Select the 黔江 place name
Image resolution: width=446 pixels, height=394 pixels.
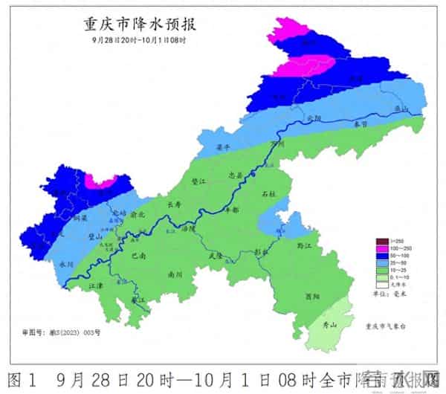[303, 244]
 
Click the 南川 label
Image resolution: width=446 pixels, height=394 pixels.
[175, 274]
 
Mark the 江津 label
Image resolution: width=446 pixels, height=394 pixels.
[95, 285]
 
